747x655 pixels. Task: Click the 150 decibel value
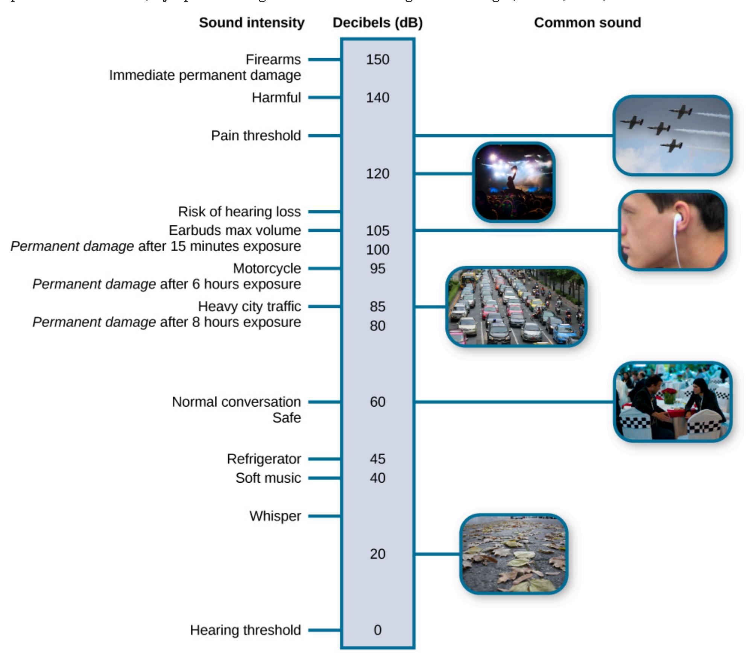click(x=377, y=59)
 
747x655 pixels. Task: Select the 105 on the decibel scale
click(x=377, y=230)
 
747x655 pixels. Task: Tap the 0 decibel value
click(x=377, y=630)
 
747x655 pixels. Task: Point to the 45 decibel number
click(x=377, y=459)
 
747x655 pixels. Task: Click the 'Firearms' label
click(x=273, y=59)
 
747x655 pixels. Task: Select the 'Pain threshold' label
click(x=256, y=135)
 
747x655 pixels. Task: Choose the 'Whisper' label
click(x=275, y=516)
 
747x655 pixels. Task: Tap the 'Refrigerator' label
click(x=264, y=459)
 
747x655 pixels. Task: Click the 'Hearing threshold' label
click(x=245, y=630)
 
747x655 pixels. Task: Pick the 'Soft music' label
click(x=268, y=478)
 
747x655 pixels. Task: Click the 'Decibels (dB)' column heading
click(x=378, y=23)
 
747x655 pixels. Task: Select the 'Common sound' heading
click(x=588, y=23)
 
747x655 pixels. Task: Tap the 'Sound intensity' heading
click(x=252, y=23)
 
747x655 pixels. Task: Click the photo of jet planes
click(x=672, y=135)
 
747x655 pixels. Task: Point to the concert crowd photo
click(x=513, y=182)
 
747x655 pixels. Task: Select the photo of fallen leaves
click(x=513, y=554)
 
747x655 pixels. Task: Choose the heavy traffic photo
click(x=516, y=306)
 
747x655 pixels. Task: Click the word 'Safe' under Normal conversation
click(x=287, y=418)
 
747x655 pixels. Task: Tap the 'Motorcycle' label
click(x=267, y=268)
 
